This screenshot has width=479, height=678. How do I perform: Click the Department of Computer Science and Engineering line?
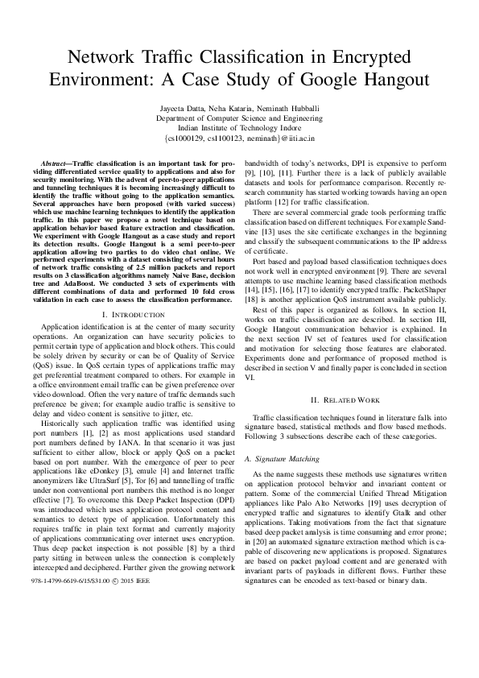pos(239,118)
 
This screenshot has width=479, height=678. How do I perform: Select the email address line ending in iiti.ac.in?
pos(239,138)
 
